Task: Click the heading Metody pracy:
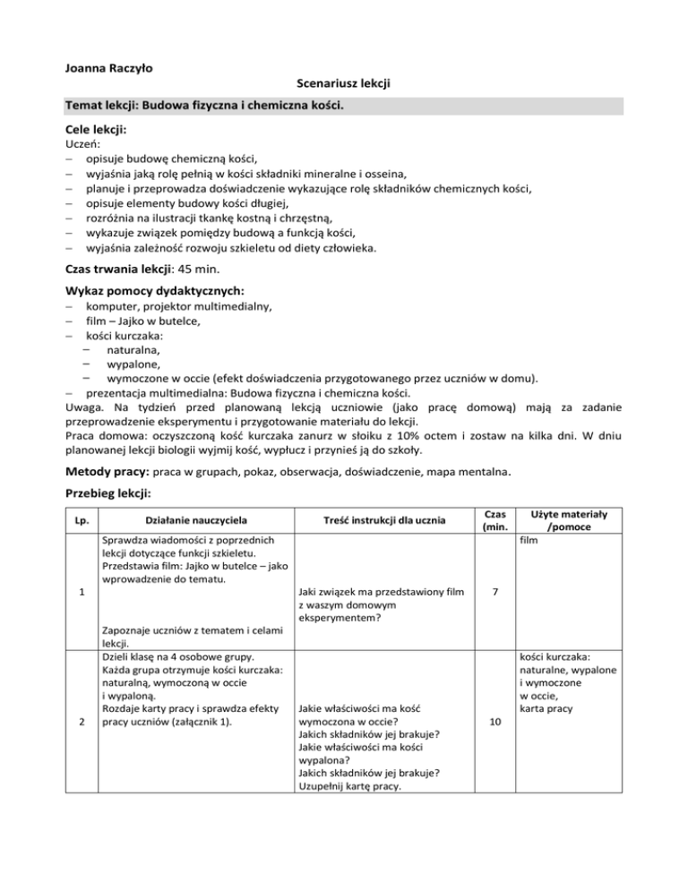point(107,470)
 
